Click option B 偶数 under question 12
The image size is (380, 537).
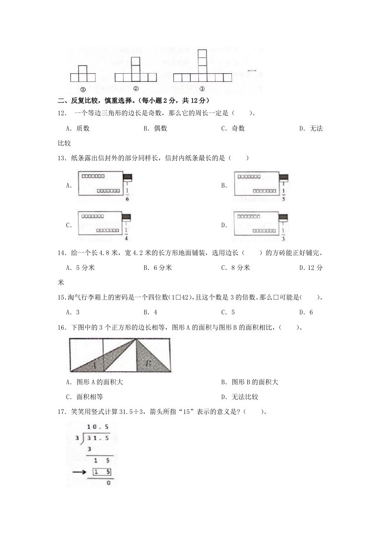(x=155, y=128)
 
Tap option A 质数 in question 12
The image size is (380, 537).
(x=78, y=128)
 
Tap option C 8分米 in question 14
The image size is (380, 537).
(x=235, y=268)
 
